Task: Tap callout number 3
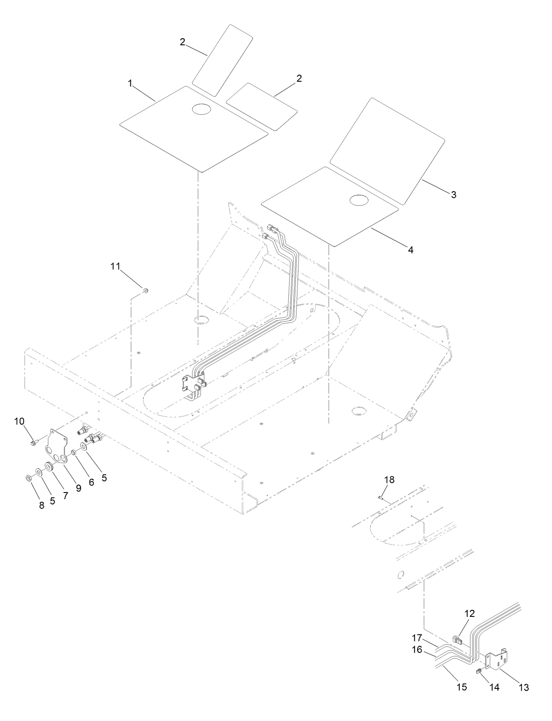(x=454, y=195)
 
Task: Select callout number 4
(x=411, y=250)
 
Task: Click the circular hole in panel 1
(x=201, y=109)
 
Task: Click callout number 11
(x=115, y=266)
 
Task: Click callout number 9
(x=79, y=488)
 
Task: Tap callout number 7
(x=65, y=496)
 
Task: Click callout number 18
(x=390, y=480)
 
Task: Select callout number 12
(x=470, y=614)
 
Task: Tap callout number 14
(x=495, y=688)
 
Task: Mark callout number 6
(x=91, y=482)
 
